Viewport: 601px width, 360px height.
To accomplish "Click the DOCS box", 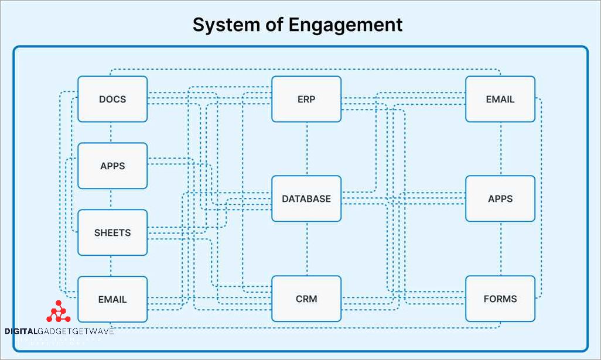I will coord(112,99).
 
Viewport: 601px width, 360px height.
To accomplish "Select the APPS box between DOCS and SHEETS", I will coord(112,166).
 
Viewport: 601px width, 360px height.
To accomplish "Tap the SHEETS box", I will coord(112,232).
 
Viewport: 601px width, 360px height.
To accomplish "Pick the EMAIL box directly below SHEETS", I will coord(112,299).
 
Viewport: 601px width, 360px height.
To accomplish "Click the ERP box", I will coord(306,99).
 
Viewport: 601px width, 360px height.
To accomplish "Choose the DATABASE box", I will coord(306,198).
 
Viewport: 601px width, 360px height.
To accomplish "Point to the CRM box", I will coord(306,299).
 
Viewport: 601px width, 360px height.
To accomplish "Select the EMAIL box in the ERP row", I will coord(500,99).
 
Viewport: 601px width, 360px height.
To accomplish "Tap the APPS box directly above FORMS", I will coord(500,198).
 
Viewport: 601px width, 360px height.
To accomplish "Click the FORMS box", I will coord(500,299).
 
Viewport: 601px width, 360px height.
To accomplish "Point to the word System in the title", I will coord(224,25).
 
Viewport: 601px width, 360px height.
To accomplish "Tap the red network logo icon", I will coord(58,312).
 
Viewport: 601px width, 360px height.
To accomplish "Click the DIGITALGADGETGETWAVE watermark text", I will coord(59,331).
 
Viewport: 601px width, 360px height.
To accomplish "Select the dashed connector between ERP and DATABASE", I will coord(306,149).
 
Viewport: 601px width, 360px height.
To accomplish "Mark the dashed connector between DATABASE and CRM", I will coord(306,249).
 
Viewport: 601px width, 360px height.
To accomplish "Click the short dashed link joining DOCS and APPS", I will coord(111,133).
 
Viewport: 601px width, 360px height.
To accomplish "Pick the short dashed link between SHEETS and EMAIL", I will coord(111,266).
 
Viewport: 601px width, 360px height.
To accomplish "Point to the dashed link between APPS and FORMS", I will coord(501,249).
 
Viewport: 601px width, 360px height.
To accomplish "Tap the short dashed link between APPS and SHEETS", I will coord(111,200).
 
